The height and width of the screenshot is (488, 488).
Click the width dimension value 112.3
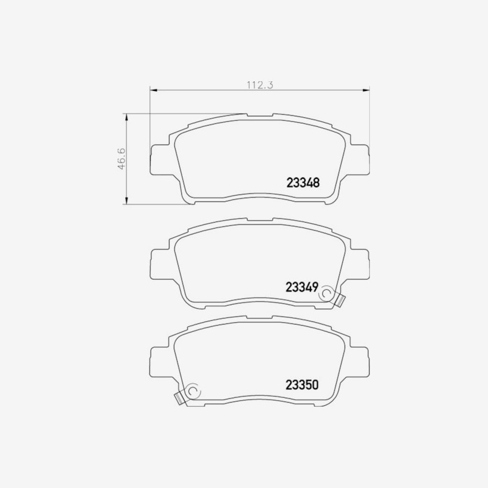pyautogui.click(x=260, y=85)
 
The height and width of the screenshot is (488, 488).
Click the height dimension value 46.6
pyautogui.click(x=121, y=159)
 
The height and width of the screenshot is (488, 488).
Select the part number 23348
pyautogui.click(x=303, y=182)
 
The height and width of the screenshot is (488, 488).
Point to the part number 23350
pyautogui.click(x=302, y=385)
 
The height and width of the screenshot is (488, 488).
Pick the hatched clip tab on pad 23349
pyautogui.click(x=340, y=300)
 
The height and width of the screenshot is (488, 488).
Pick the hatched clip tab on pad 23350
pyautogui.click(x=179, y=399)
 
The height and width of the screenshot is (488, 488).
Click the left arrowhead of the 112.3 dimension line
pyautogui.click(x=153, y=90)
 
